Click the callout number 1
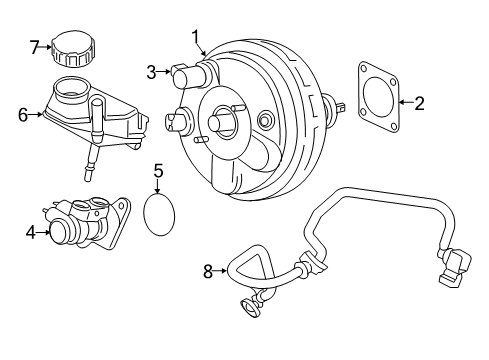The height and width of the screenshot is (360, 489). (x=196, y=37)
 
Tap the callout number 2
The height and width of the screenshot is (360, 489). (x=419, y=103)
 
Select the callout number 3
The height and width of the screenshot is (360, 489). (x=151, y=72)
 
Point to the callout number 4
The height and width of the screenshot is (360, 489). (x=31, y=232)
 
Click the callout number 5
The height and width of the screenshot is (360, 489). (x=159, y=171)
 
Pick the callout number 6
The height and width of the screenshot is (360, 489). (x=23, y=115)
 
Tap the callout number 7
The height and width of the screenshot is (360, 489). (x=35, y=47)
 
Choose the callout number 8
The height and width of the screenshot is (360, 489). (x=208, y=271)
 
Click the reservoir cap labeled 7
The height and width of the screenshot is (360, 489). (x=73, y=49)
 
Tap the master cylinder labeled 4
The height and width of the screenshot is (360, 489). (x=88, y=223)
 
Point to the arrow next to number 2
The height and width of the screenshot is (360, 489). (x=406, y=102)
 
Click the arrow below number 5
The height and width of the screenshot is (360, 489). (x=158, y=186)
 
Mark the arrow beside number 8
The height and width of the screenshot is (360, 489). (x=220, y=271)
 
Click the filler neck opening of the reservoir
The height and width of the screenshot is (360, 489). (x=72, y=88)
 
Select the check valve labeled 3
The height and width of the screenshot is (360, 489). (x=188, y=76)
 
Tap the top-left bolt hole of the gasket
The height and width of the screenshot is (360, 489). (x=364, y=69)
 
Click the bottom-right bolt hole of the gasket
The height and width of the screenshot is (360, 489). (x=394, y=126)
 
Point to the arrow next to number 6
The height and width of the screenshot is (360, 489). (x=36, y=114)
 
